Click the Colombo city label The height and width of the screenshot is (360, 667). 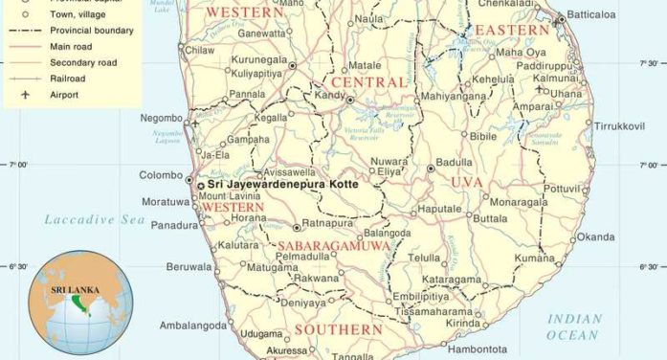tap(160, 175)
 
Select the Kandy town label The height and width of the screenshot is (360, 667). tap(329, 95)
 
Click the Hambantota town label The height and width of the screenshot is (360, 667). tap(476, 349)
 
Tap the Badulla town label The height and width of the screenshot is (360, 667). tap(454, 163)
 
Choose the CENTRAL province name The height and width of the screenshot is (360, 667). tap(369, 82)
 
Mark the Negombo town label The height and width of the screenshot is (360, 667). tap(160, 118)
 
